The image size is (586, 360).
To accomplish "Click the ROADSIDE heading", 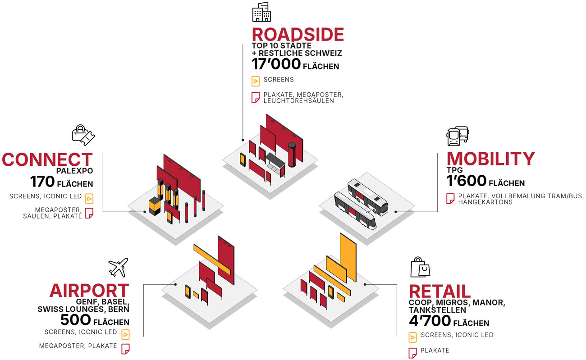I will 298,35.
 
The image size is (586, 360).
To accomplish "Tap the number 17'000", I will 276,64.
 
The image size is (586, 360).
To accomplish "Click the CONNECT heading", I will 47,159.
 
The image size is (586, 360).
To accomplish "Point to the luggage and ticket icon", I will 84,135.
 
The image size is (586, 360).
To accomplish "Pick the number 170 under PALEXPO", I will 42,182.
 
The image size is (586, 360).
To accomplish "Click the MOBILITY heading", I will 490,159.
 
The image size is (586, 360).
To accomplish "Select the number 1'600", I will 466,181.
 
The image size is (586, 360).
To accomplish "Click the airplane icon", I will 119,268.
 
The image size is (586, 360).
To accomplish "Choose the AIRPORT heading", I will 89,291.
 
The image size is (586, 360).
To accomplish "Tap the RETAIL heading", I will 439,292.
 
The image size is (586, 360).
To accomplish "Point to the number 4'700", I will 430,321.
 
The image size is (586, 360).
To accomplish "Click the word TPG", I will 454,171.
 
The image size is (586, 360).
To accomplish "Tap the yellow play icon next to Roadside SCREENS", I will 256,81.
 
